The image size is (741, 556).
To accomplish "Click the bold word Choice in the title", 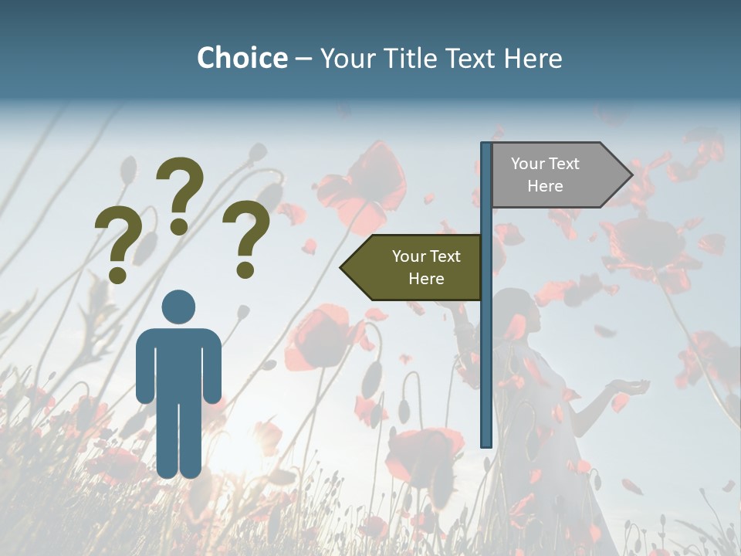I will (x=242, y=58).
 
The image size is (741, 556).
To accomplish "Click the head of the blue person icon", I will (x=178, y=307).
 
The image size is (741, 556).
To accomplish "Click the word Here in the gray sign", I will (x=545, y=186).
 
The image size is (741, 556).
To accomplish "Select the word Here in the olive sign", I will (x=426, y=279).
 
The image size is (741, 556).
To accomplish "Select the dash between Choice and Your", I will (x=303, y=59).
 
